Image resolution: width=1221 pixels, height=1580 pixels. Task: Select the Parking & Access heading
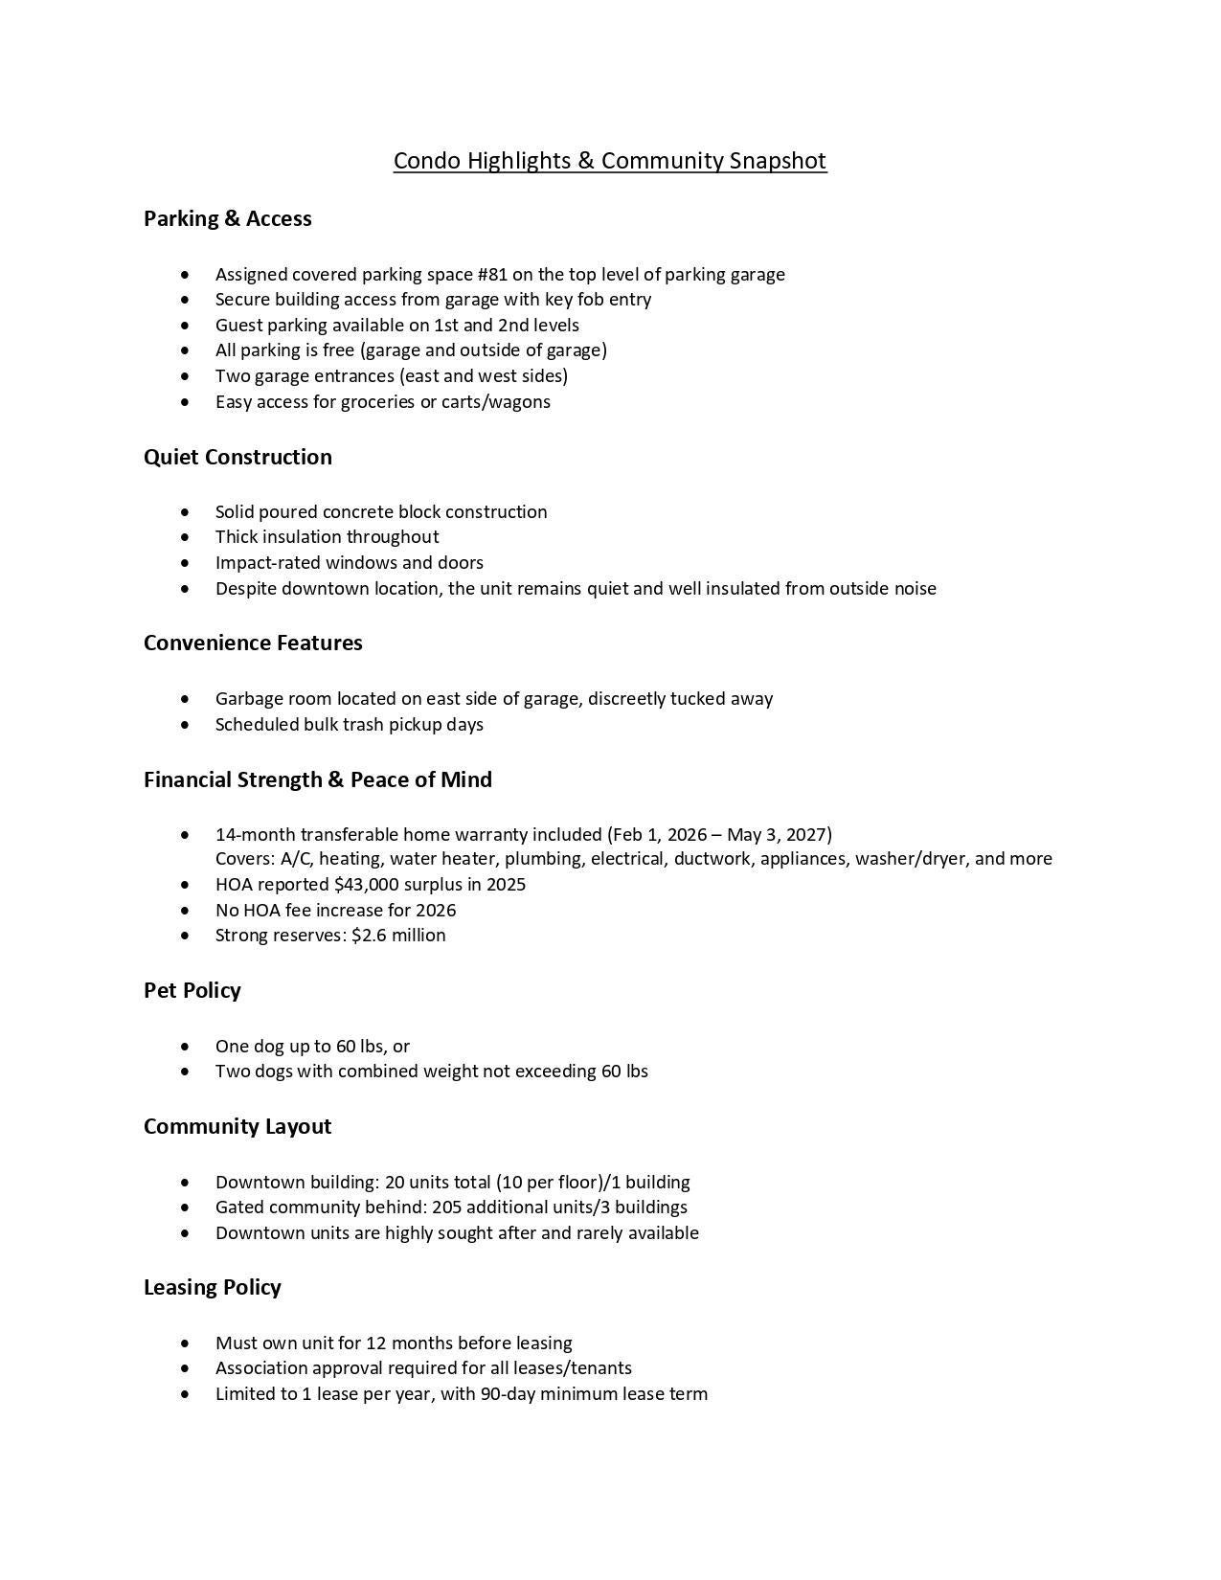tap(227, 218)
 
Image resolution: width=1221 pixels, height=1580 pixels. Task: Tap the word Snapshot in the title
tap(777, 160)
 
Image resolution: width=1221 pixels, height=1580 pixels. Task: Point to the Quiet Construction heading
tap(237, 457)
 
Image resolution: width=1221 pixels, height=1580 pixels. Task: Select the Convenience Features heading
tap(253, 643)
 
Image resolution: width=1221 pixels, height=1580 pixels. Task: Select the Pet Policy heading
tap(192, 990)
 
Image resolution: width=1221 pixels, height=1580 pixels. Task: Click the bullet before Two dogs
tap(185, 1072)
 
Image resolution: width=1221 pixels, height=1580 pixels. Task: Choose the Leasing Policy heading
tap(212, 1287)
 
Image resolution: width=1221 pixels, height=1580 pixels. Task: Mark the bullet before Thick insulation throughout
tap(185, 537)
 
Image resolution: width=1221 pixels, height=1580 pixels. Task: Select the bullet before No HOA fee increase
tap(185, 911)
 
